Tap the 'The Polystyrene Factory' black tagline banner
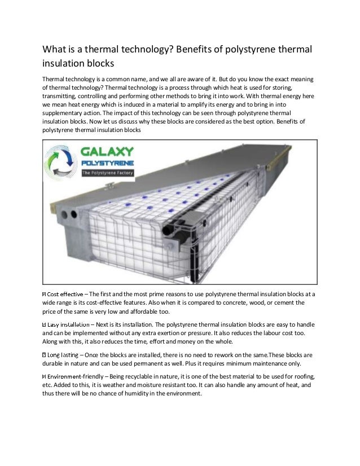click(106, 173)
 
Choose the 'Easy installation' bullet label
click(68, 324)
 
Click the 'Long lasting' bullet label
click(62, 355)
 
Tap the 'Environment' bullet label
click(65, 376)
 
